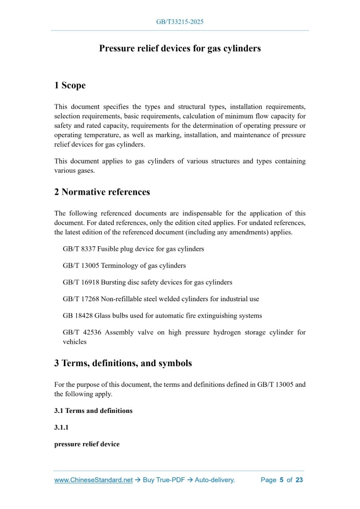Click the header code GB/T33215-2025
coord(180,22)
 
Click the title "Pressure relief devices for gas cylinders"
coord(180,49)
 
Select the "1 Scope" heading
coord(70,85)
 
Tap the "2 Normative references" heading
coord(102,192)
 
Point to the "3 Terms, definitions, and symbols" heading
coord(123,363)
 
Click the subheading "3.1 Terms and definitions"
coord(93,410)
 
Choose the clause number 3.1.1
coord(61,427)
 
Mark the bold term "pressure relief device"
coord(87,444)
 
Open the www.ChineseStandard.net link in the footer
coord(94,480)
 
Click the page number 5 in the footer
coord(281,480)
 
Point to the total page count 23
coord(299,480)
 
